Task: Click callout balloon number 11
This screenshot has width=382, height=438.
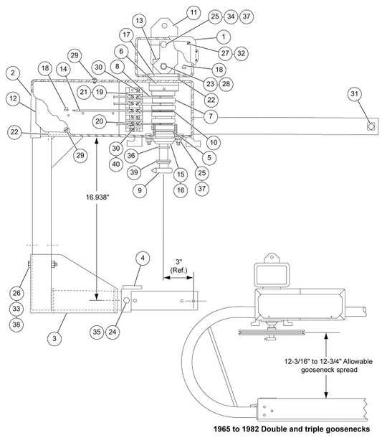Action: [194, 13]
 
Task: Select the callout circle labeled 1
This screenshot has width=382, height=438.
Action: [224, 37]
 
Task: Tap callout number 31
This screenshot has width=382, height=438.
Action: [354, 93]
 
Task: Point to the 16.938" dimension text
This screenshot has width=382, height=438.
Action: [97, 197]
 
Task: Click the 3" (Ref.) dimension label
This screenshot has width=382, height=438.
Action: [178, 266]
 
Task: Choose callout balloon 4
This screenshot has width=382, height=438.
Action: [143, 258]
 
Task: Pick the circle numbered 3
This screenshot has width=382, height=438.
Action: [54, 338]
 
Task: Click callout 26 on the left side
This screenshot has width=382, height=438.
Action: [16, 293]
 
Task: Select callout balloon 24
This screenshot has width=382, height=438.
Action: [113, 332]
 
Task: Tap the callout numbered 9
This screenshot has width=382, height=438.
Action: [140, 190]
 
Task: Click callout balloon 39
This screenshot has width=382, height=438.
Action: [134, 172]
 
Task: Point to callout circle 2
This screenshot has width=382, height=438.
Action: [13, 73]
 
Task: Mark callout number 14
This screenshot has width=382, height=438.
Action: [64, 69]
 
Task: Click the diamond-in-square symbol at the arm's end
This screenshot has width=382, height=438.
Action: [371, 126]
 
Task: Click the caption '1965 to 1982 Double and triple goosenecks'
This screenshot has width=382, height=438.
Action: [292, 429]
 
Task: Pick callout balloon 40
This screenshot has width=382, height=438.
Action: [116, 164]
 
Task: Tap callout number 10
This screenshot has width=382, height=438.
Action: [214, 142]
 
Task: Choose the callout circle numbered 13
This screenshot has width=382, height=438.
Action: [139, 20]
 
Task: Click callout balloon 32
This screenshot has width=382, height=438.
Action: [242, 53]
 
